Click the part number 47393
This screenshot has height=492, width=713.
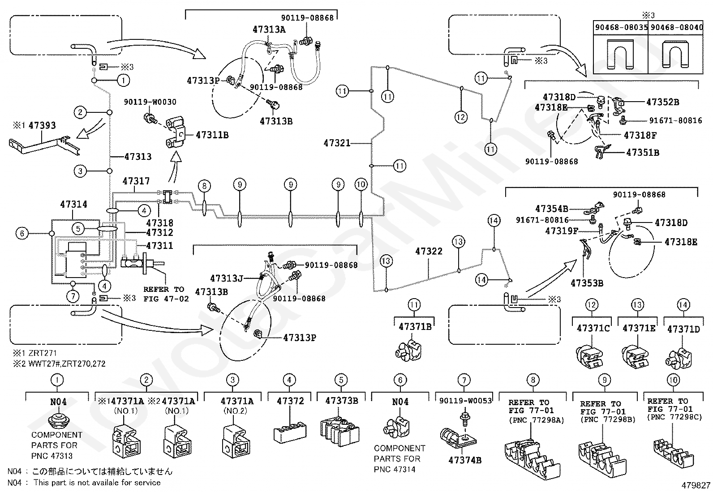pos(42,125)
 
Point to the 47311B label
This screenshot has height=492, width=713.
pos(212,135)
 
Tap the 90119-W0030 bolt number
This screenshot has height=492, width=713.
pos(150,102)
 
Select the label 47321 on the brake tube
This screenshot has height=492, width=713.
pos(337,143)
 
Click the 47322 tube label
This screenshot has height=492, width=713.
pos(429,252)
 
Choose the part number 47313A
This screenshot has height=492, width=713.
pos(269,30)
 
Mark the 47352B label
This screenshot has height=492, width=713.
pos(663,102)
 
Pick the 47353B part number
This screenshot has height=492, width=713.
pos(587,283)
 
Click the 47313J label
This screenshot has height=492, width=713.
pos(227,278)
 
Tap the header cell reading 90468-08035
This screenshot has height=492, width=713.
pos(621,27)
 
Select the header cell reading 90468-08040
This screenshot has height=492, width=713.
pos(676,27)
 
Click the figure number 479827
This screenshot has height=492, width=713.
pos(696,485)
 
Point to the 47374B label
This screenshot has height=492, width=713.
pos(465,460)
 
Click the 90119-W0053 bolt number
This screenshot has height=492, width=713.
pos(465,401)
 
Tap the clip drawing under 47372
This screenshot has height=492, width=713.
pos(290,432)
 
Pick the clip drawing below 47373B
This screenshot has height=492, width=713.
pos(339,432)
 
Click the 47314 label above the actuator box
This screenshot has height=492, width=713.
pos(73,204)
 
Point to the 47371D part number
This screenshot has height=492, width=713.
pos(684,329)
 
